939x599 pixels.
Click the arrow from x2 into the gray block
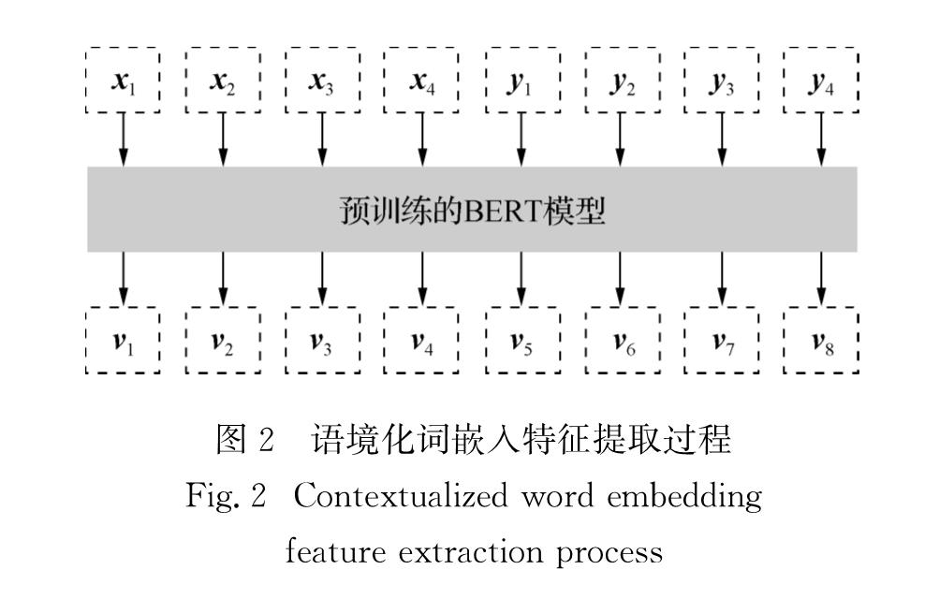[223, 139]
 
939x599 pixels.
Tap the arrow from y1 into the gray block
[521, 139]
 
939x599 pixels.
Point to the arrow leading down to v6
[621, 279]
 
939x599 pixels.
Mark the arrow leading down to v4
[423, 279]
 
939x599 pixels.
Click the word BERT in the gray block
[503, 212]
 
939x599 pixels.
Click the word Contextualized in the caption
[401, 496]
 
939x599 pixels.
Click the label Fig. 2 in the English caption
[226, 496]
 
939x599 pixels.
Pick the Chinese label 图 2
[245, 439]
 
